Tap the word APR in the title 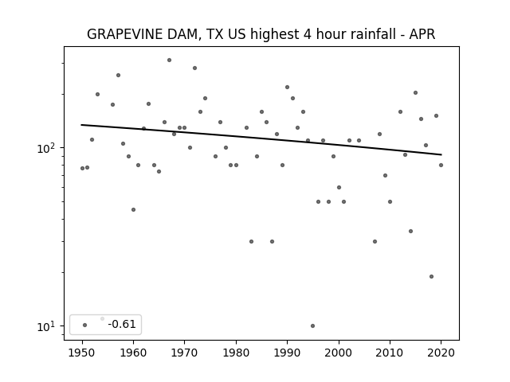coord(422,34)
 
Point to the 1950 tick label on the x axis coord(82,353)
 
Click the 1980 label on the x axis coord(236,353)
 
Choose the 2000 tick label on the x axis coord(339,353)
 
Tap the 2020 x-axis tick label coord(441,353)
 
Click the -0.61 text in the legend coord(122,324)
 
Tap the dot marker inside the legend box coord(85,325)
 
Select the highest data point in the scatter coord(169,60)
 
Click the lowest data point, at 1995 coord(312,325)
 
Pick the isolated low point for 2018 coord(431,276)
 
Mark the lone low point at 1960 coord(133,209)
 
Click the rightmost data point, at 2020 coord(441,165)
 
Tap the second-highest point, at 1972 coord(194,68)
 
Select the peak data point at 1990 coord(287,87)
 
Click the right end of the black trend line coord(441,154)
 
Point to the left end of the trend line coord(81,125)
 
